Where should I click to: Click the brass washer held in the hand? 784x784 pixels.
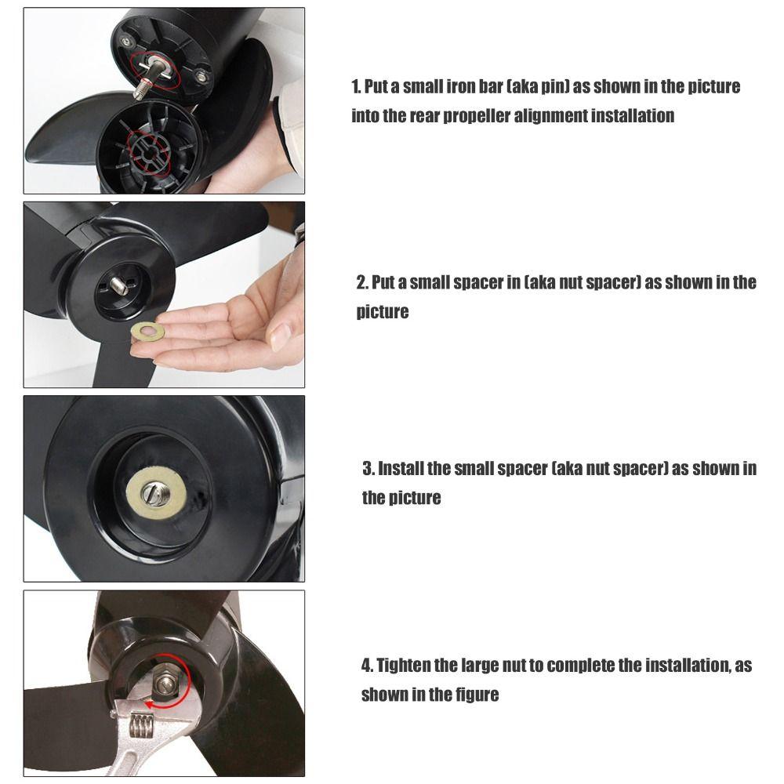point(147,330)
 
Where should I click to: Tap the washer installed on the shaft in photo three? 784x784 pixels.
point(156,493)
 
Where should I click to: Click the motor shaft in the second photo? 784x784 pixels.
point(119,285)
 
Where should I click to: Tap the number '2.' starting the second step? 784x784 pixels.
point(362,282)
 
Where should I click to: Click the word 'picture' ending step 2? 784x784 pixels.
point(383,312)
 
